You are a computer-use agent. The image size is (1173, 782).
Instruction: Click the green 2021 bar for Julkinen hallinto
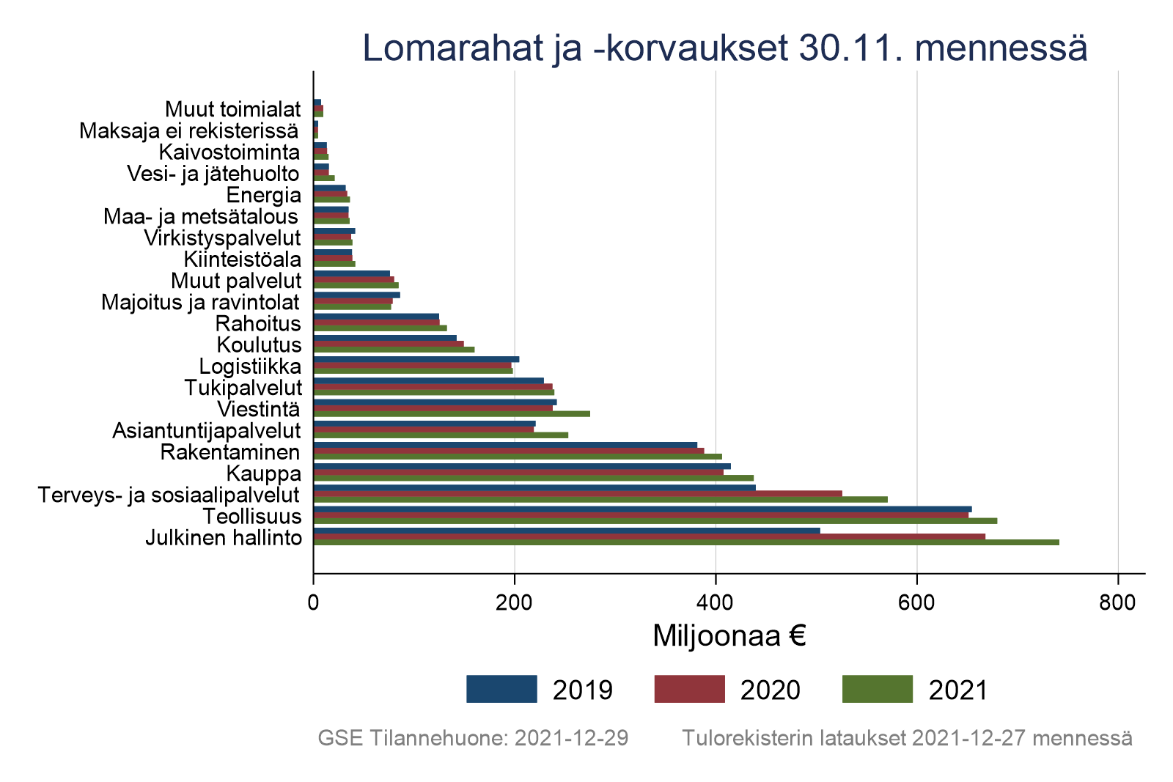[685, 542]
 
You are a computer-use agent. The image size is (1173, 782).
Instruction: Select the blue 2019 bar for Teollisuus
[642, 509]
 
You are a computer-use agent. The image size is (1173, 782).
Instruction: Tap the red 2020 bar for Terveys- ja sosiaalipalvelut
[578, 493]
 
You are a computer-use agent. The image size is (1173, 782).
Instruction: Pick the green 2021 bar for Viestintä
[452, 413]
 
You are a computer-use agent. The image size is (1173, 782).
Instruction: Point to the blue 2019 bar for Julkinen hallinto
[567, 531]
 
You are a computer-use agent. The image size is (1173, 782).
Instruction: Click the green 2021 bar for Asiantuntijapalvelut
[441, 435]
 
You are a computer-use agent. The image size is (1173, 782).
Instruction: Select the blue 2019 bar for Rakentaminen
[505, 445]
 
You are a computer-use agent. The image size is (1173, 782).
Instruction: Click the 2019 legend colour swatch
[501, 689]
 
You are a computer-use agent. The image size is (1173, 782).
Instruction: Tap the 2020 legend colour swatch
[689, 689]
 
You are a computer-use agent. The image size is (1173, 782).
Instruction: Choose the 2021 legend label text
[958, 690]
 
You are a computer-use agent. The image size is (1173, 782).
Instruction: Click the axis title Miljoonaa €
[729, 636]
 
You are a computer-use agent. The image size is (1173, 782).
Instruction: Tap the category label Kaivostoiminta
[229, 152]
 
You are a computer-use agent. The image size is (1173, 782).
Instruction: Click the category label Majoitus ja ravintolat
[200, 302]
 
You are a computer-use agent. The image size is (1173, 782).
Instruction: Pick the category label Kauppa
[264, 473]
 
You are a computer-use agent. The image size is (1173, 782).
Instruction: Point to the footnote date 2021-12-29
[571, 738]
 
